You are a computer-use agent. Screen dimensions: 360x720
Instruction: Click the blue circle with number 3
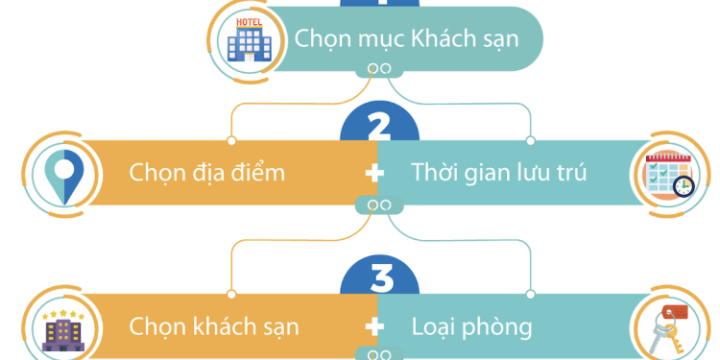click(x=381, y=276)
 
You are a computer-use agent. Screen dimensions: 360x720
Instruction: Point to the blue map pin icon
click(x=65, y=176)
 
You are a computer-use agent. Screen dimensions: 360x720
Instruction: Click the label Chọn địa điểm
click(x=207, y=174)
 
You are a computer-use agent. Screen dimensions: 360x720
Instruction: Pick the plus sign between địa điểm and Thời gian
click(x=375, y=174)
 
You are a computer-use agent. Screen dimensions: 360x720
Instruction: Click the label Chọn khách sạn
click(x=214, y=326)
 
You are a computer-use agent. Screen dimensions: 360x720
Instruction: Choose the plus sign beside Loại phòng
click(x=375, y=326)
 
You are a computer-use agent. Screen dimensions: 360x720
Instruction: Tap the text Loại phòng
click(x=471, y=326)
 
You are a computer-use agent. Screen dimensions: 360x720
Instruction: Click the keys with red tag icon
click(x=669, y=326)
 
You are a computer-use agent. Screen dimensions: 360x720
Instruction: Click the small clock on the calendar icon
click(x=684, y=185)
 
